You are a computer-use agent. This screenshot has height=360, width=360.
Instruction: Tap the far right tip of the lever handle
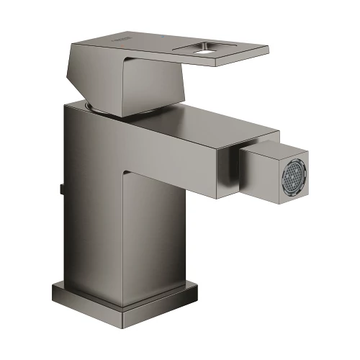coord(267,50)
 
